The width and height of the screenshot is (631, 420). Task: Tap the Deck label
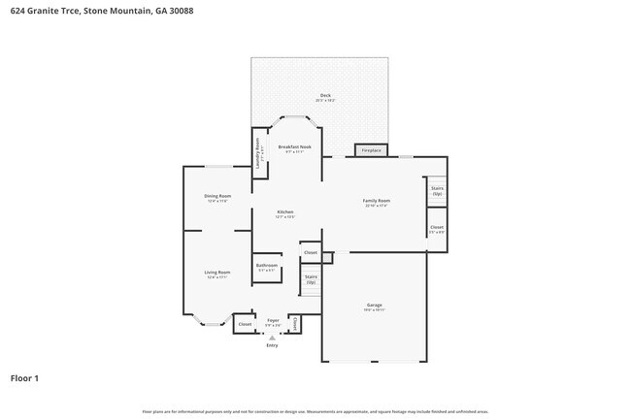(x=324, y=97)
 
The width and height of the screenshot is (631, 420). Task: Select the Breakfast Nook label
(x=294, y=148)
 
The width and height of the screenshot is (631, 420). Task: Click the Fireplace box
(x=372, y=150)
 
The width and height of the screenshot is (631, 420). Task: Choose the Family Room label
(x=377, y=201)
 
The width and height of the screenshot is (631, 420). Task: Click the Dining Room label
(x=216, y=198)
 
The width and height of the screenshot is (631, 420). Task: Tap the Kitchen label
(x=284, y=213)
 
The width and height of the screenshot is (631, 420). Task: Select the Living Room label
(x=216, y=275)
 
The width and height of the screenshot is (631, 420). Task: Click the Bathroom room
(x=267, y=268)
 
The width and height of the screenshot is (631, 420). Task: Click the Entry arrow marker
(x=272, y=338)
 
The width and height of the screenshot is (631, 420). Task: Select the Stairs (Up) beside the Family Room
(x=437, y=191)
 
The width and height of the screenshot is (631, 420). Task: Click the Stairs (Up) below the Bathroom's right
(x=311, y=278)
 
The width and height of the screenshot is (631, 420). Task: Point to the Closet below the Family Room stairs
(x=437, y=230)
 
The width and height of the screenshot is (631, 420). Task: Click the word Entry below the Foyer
(x=272, y=345)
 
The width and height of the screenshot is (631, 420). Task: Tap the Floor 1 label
(x=25, y=377)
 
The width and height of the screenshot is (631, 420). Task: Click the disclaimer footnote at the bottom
(x=315, y=411)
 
